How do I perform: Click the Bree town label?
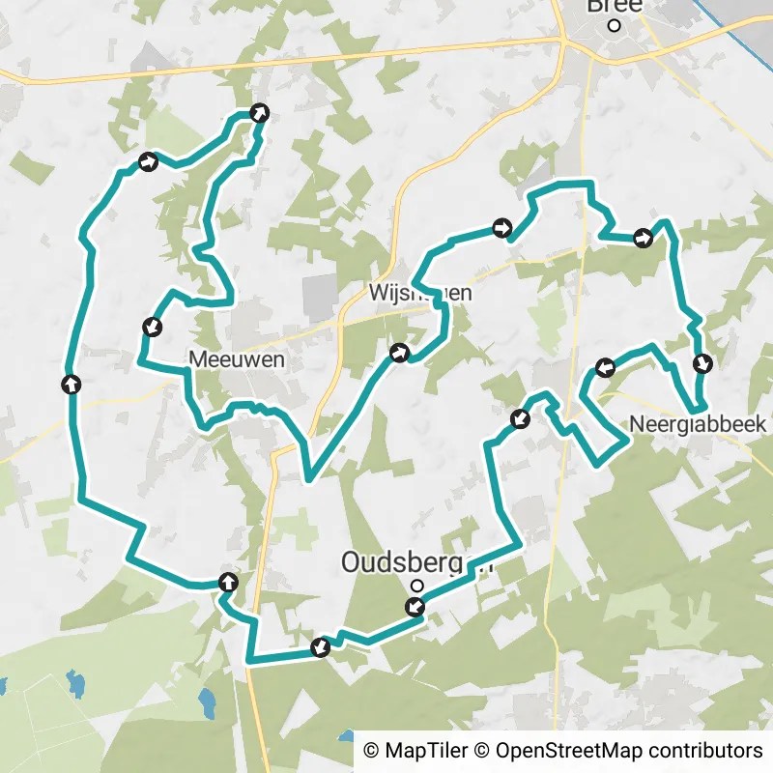click(615, 6)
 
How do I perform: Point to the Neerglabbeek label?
click(697, 424)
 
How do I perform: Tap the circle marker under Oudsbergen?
click(417, 585)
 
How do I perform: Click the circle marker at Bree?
click(615, 26)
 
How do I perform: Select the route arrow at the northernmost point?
click(259, 113)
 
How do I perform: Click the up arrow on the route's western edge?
click(71, 385)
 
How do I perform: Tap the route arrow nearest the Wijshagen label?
click(398, 354)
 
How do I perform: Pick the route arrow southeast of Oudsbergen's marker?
click(415, 607)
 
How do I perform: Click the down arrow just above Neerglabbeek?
click(702, 363)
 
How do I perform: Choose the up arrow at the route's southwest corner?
click(228, 581)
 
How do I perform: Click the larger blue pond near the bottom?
click(207, 701)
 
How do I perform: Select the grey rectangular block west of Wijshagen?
click(321, 297)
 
